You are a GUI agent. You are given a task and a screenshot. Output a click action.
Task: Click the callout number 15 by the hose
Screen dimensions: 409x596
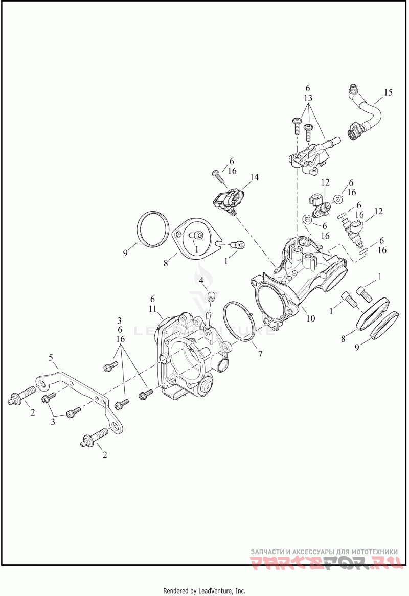pyautogui.click(x=388, y=93)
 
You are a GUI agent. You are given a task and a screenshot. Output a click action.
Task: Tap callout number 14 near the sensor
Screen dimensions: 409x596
pyautogui.click(x=254, y=177)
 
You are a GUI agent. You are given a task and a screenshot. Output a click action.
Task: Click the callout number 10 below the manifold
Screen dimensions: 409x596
pyautogui.click(x=310, y=318)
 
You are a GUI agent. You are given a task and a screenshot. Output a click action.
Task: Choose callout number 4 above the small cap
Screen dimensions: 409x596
pyautogui.click(x=201, y=280)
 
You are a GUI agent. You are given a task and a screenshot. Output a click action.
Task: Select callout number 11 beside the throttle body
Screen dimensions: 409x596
pyautogui.click(x=152, y=309)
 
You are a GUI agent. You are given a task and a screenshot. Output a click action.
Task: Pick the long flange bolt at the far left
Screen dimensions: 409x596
pyautogui.click(x=22, y=397)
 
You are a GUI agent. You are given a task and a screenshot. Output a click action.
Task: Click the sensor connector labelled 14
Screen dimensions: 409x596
pyautogui.click(x=228, y=200)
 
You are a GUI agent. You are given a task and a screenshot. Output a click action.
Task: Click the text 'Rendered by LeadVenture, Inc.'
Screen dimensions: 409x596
pyautogui.click(x=204, y=590)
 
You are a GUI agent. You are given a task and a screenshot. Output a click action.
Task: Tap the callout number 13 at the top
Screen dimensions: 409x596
pyautogui.click(x=308, y=98)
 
